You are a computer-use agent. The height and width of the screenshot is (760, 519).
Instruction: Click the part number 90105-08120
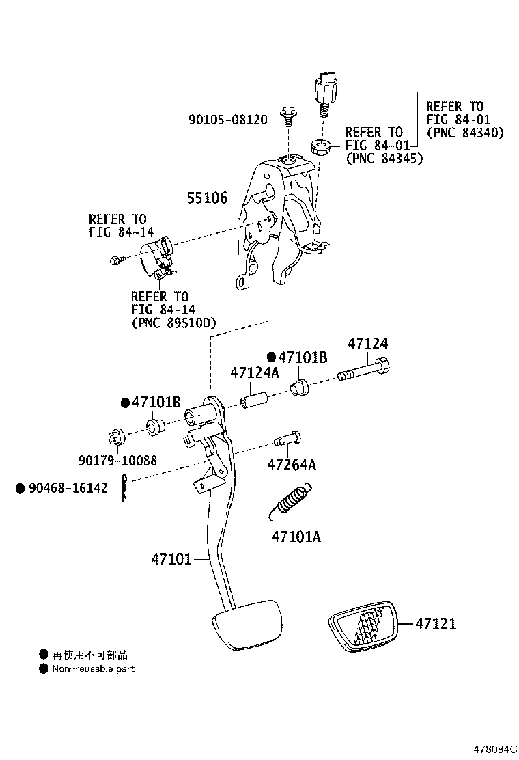tap(227, 120)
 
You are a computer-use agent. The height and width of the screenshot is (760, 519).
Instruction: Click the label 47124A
tap(255, 373)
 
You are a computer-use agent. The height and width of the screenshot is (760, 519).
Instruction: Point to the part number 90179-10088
tap(117, 461)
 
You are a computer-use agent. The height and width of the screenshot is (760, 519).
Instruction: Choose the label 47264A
tap(292, 465)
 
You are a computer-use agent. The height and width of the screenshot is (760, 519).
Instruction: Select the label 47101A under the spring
tap(296, 537)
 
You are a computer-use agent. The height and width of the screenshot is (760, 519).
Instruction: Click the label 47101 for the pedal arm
tap(171, 559)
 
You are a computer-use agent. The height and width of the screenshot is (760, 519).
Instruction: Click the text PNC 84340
tap(464, 133)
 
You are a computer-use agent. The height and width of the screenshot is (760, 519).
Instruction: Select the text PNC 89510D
tap(173, 323)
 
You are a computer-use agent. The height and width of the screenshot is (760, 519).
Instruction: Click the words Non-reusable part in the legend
tap(93, 668)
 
